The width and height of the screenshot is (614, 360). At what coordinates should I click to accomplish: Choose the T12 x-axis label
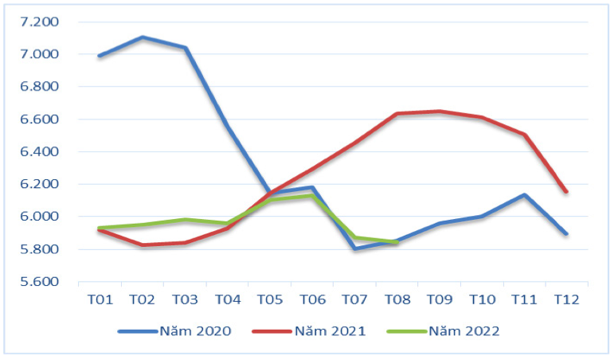tap(567, 299)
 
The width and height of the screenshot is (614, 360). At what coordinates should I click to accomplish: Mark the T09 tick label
tap(440, 299)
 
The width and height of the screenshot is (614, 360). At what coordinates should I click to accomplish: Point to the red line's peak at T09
tap(440, 112)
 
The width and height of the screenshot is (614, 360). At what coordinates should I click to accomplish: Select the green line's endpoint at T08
tap(397, 242)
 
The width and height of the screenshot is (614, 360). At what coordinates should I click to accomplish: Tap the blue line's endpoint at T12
tap(566, 233)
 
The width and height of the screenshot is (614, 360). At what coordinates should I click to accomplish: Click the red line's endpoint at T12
tap(566, 191)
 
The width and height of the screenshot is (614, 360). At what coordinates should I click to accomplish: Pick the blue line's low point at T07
tap(354, 248)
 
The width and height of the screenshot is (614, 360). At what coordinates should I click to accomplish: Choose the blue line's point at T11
tap(524, 195)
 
